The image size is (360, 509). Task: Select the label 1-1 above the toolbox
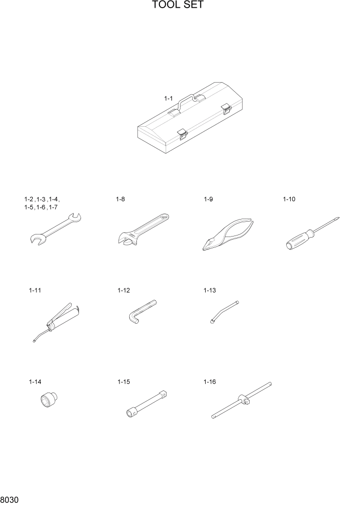click(168, 97)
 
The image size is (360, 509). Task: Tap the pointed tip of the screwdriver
click(339, 218)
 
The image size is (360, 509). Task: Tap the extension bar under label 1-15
click(148, 403)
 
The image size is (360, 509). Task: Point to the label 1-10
click(290, 199)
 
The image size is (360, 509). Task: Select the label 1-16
click(210, 382)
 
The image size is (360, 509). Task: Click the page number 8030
click(10, 500)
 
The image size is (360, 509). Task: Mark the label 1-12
click(124, 290)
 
